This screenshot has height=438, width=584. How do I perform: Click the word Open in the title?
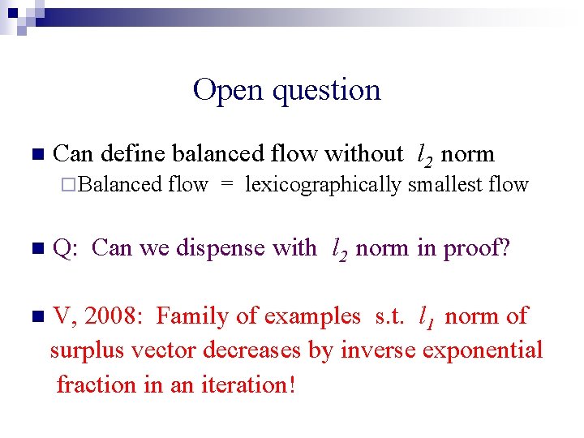point(229,90)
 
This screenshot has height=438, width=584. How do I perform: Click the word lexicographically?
point(323,186)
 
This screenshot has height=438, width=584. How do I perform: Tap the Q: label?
point(64,249)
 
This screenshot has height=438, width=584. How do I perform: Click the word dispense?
point(220,248)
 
